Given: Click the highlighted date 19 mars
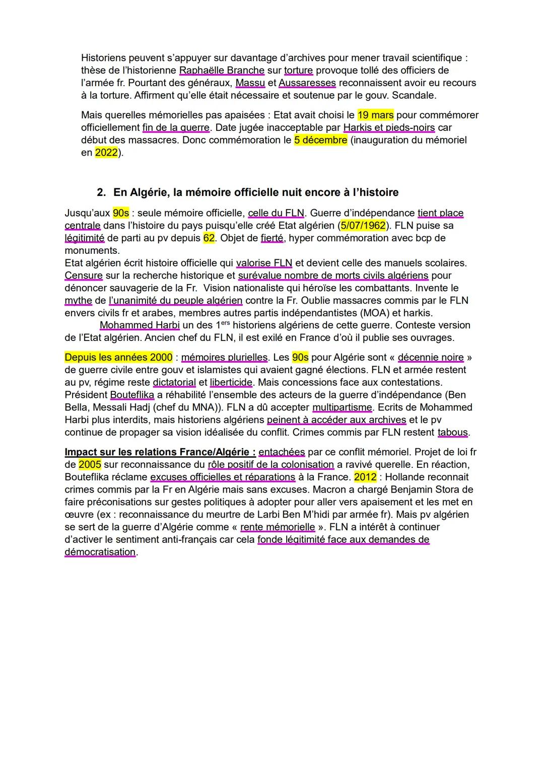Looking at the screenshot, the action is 375,115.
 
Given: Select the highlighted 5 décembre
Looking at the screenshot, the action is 321,140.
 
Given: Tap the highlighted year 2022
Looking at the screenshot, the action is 106,152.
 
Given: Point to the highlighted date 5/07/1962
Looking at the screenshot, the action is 363,226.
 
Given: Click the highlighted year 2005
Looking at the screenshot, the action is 90,464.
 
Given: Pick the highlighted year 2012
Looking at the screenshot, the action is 365,477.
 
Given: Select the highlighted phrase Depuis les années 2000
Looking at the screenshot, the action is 118,358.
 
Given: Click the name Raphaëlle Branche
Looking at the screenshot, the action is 222,71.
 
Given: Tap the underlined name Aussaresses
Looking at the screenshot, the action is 307,83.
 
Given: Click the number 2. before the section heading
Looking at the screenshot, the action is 101,192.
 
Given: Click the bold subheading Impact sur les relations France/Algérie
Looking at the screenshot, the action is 160,452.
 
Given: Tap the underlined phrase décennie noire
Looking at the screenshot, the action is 430,358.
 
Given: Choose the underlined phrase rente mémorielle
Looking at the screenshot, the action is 278,527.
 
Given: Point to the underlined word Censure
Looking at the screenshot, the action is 84,275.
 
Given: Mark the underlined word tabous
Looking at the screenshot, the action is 453,432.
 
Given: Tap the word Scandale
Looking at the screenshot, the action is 414,95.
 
